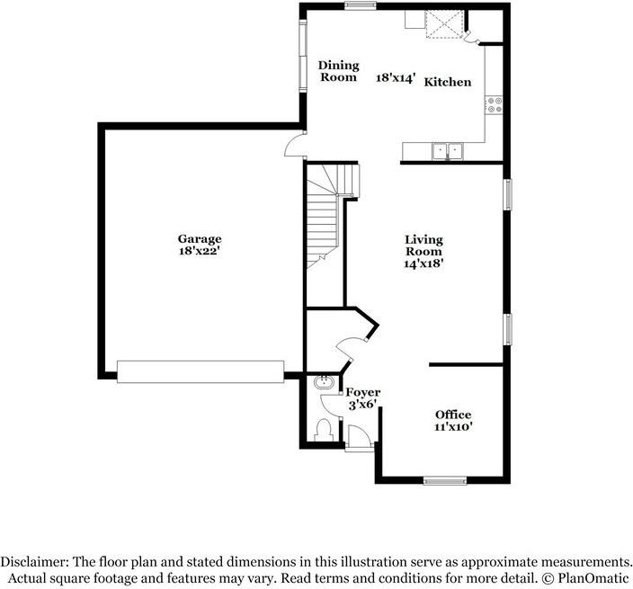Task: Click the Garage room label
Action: [199, 239]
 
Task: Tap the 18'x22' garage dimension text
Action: [199, 253]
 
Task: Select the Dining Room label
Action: [339, 71]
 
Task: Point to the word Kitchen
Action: [448, 82]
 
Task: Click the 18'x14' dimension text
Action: [395, 78]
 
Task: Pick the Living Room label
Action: [423, 245]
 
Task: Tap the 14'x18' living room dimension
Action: [423, 265]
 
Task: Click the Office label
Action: [453, 415]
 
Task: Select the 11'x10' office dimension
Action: [453, 427]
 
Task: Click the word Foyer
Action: [363, 393]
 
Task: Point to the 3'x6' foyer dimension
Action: [363, 406]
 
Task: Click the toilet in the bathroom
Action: [324, 430]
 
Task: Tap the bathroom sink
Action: [323, 384]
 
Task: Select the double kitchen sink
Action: [445, 150]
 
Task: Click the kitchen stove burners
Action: [495, 106]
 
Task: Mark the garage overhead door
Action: [201, 372]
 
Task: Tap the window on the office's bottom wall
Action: [445, 480]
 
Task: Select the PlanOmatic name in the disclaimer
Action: [594, 576]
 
